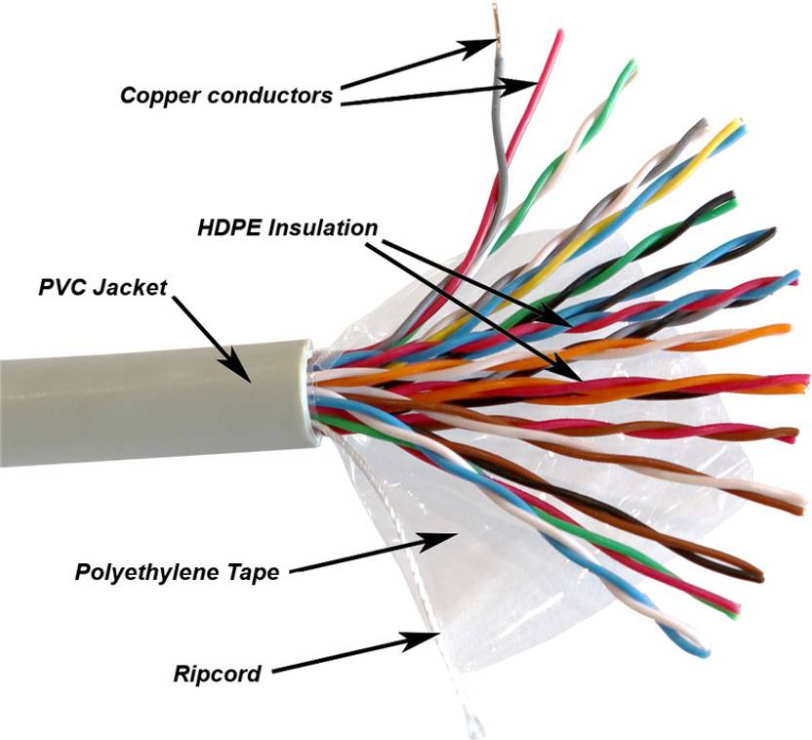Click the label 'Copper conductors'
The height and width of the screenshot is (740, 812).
coord(226,96)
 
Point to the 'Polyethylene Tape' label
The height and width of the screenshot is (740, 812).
coord(177,572)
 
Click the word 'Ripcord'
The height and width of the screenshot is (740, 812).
coord(218,673)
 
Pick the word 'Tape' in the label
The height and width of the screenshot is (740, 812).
coord(256,572)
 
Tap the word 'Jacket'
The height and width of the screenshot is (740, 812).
coord(136,288)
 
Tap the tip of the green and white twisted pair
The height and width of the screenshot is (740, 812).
coord(633,66)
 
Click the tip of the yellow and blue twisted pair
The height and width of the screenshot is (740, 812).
coord(739,126)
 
